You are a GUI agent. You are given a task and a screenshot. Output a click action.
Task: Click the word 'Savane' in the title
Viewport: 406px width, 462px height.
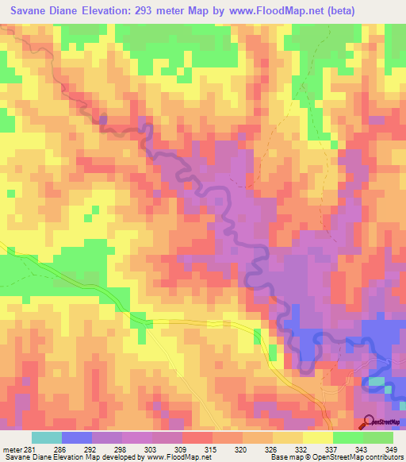[x=32, y=10]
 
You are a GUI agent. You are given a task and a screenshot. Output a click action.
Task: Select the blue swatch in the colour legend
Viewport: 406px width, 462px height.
[x=77, y=437]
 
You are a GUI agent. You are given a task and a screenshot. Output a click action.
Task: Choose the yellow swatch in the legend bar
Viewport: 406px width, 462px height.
[x=317, y=437]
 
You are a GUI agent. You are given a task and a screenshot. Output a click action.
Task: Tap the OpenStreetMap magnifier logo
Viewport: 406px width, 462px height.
[x=369, y=421]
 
